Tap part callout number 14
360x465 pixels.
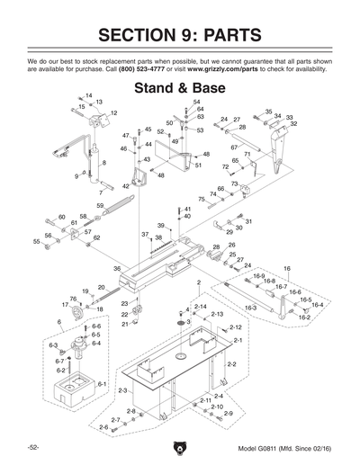point(89,95)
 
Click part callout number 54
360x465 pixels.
point(196,103)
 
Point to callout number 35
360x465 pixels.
point(268,112)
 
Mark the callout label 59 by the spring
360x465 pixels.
point(101,206)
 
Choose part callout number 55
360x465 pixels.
point(37,242)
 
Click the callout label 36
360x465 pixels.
point(117,269)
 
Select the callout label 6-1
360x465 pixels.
point(102,384)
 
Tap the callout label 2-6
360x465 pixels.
point(103,427)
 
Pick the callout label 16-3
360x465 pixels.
point(250,309)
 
